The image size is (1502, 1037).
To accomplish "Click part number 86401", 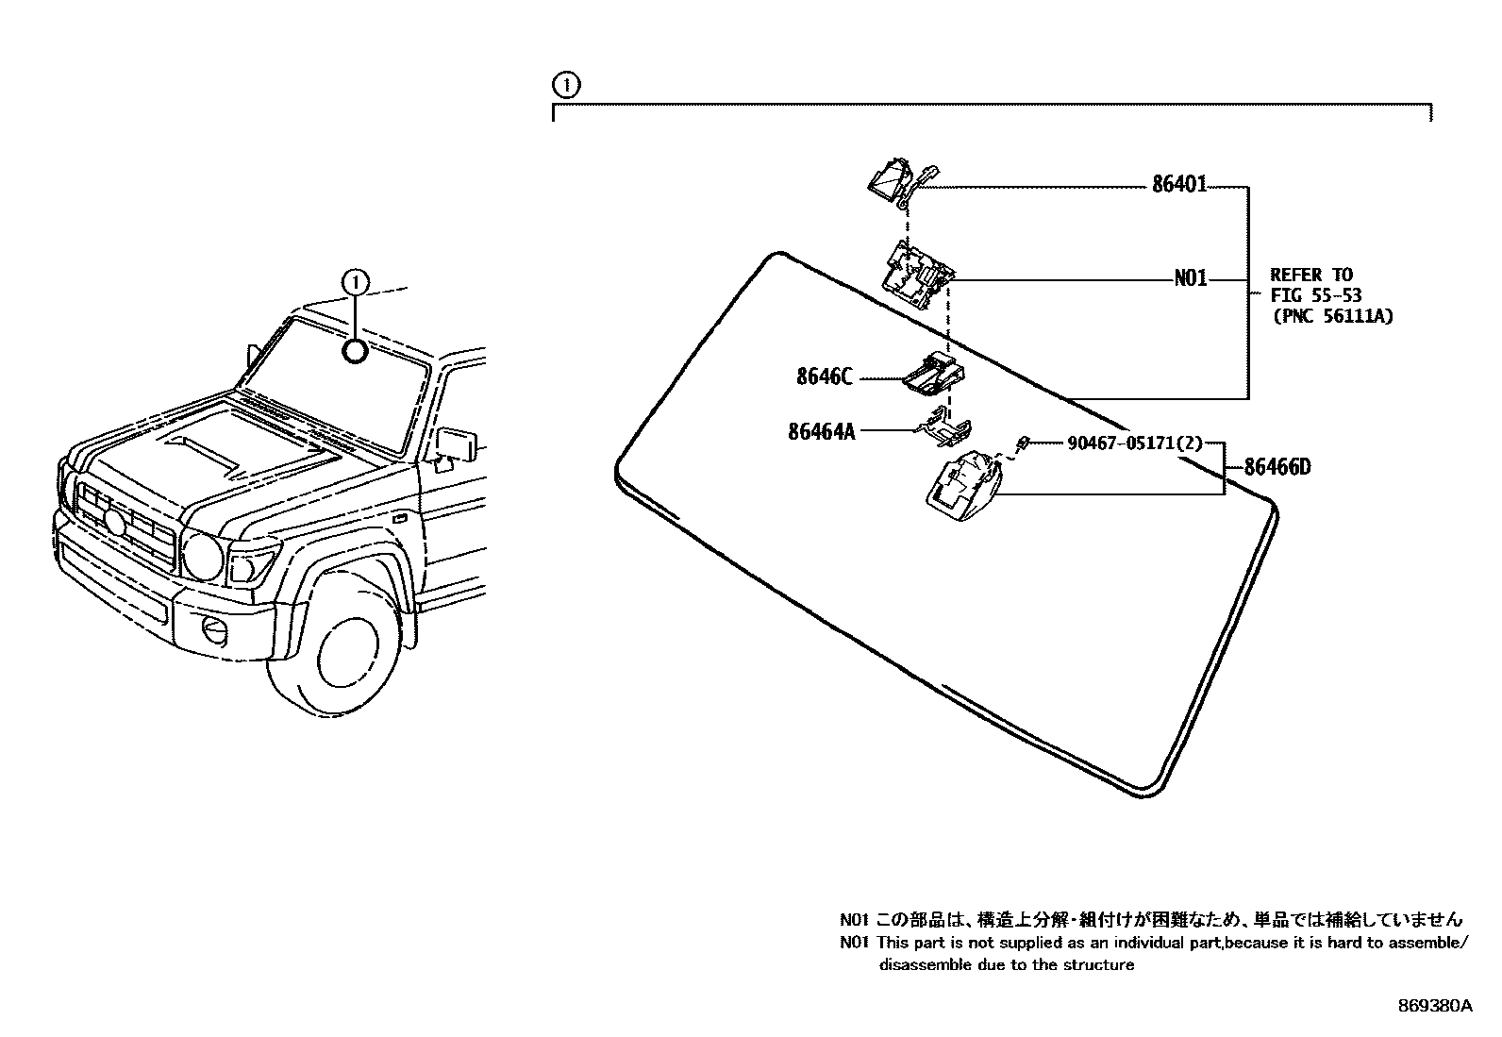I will click(x=1178, y=185).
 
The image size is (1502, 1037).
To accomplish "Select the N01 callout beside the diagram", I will click(x=1190, y=280).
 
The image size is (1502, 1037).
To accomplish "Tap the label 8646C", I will click(x=824, y=377).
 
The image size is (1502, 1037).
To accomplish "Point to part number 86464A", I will click(x=821, y=431).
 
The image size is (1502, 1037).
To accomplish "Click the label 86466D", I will click(x=1277, y=467).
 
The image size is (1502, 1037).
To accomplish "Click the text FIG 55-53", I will click(x=1315, y=296).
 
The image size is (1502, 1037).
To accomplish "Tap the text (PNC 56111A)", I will click(x=1331, y=317).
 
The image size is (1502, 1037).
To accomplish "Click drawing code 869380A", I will click(x=1434, y=1006).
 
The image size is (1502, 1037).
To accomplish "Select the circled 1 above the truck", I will click(x=354, y=280).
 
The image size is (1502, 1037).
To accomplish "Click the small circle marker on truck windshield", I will click(x=354, y=352).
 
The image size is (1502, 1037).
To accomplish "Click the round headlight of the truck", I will click(x=202, y=556).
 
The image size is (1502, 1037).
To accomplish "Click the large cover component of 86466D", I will click(x=960, y=484).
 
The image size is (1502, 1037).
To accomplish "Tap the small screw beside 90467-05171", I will click(x=1022, y=443).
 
